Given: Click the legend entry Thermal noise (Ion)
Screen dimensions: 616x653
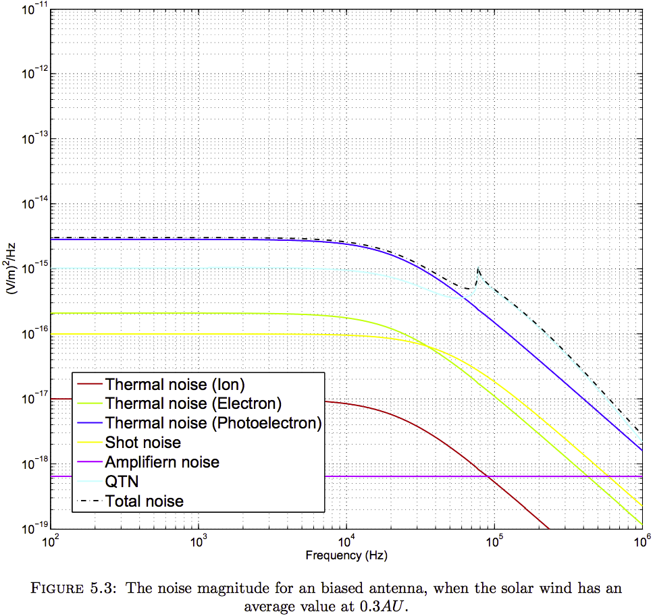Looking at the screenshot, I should (174, 385).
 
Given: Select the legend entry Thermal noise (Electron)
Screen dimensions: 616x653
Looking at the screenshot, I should (192, 404).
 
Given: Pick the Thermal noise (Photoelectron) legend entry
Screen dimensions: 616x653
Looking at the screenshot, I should (213, 423).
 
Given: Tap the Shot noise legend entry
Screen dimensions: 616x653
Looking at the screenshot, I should (142, 443).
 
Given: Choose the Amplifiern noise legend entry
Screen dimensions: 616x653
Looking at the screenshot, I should (161, 462).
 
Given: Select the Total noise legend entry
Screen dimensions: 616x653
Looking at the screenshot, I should (144, 501).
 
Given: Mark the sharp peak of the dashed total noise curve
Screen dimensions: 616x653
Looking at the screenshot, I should (478, 269).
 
